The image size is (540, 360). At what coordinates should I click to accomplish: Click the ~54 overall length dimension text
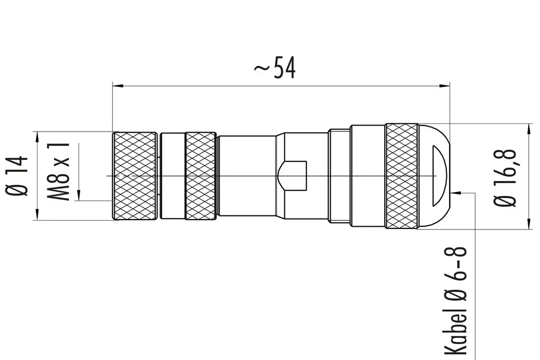(275, 68)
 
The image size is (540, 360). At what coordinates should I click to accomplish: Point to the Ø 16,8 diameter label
(506, 176)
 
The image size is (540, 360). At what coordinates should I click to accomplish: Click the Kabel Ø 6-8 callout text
(455, 301)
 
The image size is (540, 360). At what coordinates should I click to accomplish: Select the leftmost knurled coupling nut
(135, 176)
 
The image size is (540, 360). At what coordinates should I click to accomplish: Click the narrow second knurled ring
(200, 176)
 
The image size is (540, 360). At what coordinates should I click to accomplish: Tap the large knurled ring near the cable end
(402, 176)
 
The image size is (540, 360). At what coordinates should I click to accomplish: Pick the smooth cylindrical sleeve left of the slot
(247, 176)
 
